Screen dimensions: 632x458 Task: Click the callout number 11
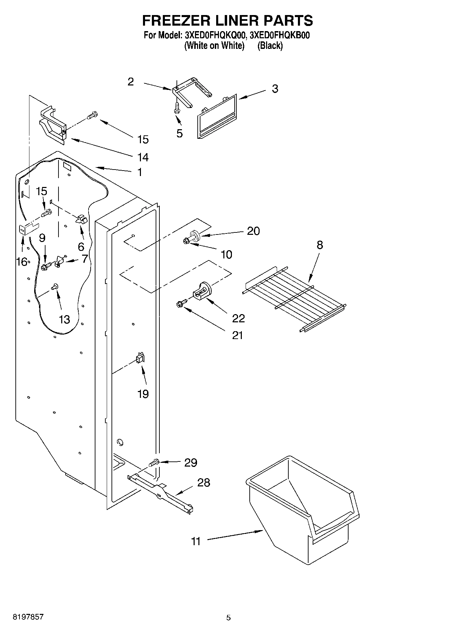click(196, 541)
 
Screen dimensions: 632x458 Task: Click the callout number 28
click(204, 483)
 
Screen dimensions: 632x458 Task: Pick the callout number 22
click(238, 318)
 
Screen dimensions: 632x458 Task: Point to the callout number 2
click(131, 82)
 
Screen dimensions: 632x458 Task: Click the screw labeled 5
click(177, 108)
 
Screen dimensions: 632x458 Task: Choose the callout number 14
click(143, 157)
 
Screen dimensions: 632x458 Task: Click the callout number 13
click(64, 319)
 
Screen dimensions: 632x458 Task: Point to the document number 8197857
click(28, 617)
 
